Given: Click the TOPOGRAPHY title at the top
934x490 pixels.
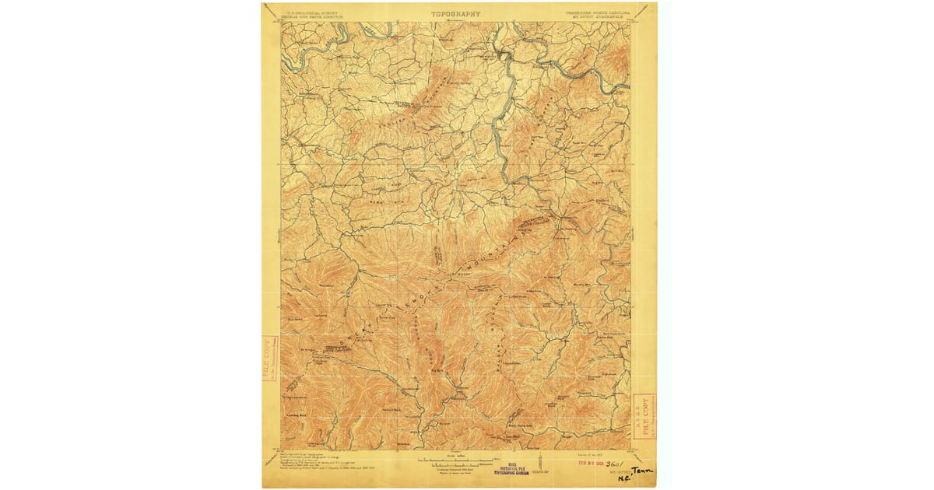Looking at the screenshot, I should pyautogui.click(x=457, y=13).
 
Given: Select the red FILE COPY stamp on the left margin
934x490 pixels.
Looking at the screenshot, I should pyautogui.click(x=269, y=359).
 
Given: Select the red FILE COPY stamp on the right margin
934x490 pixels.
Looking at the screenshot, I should pyautogui.click(x=644, y=415).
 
